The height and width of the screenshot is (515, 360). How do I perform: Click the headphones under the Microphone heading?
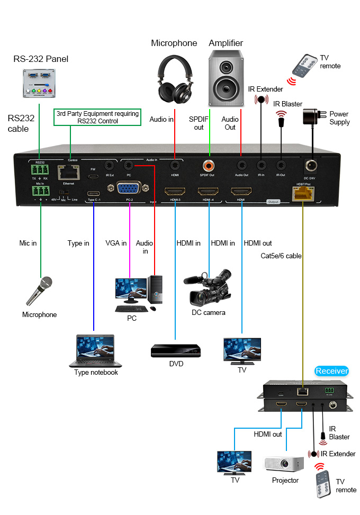174,79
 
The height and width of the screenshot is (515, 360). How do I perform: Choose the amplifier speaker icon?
226,78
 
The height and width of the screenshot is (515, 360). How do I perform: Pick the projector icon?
283,464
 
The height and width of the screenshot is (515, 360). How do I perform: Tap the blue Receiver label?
332,371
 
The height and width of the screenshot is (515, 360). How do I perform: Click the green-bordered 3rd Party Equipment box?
97,117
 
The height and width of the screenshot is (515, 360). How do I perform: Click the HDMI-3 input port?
175,192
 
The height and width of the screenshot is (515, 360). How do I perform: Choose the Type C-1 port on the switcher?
94,192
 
